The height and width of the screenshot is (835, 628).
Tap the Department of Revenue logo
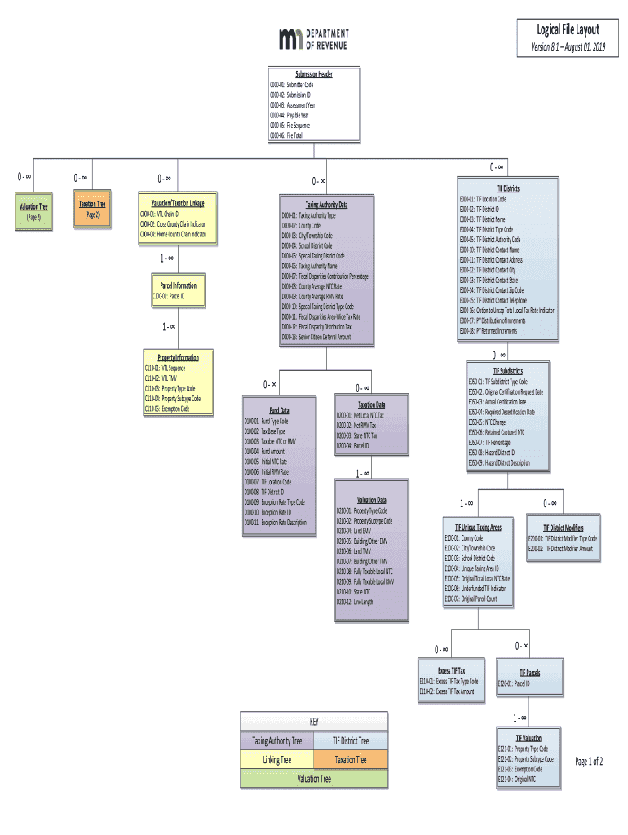[314, 39]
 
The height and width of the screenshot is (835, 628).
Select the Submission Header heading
[314, 74]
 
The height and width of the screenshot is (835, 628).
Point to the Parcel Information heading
[173, 286]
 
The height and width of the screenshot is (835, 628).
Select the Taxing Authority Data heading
[326, 205]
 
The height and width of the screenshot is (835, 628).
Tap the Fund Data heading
[280, 409]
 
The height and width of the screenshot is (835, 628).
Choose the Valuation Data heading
[371, 500]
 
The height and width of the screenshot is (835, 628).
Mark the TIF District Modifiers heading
[563, 528]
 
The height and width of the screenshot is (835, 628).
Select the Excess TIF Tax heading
[451, 670]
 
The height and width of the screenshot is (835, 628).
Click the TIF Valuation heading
[528, 738]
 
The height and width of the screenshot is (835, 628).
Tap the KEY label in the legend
[314, 722]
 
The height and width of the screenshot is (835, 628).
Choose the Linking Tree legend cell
[277, 760]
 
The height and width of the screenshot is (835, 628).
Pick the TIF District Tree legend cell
[351, 741]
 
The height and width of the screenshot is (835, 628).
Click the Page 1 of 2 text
[589, 762]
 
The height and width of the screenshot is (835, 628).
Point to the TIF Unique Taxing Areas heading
[478, 528]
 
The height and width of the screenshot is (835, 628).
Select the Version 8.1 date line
[568, 47]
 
